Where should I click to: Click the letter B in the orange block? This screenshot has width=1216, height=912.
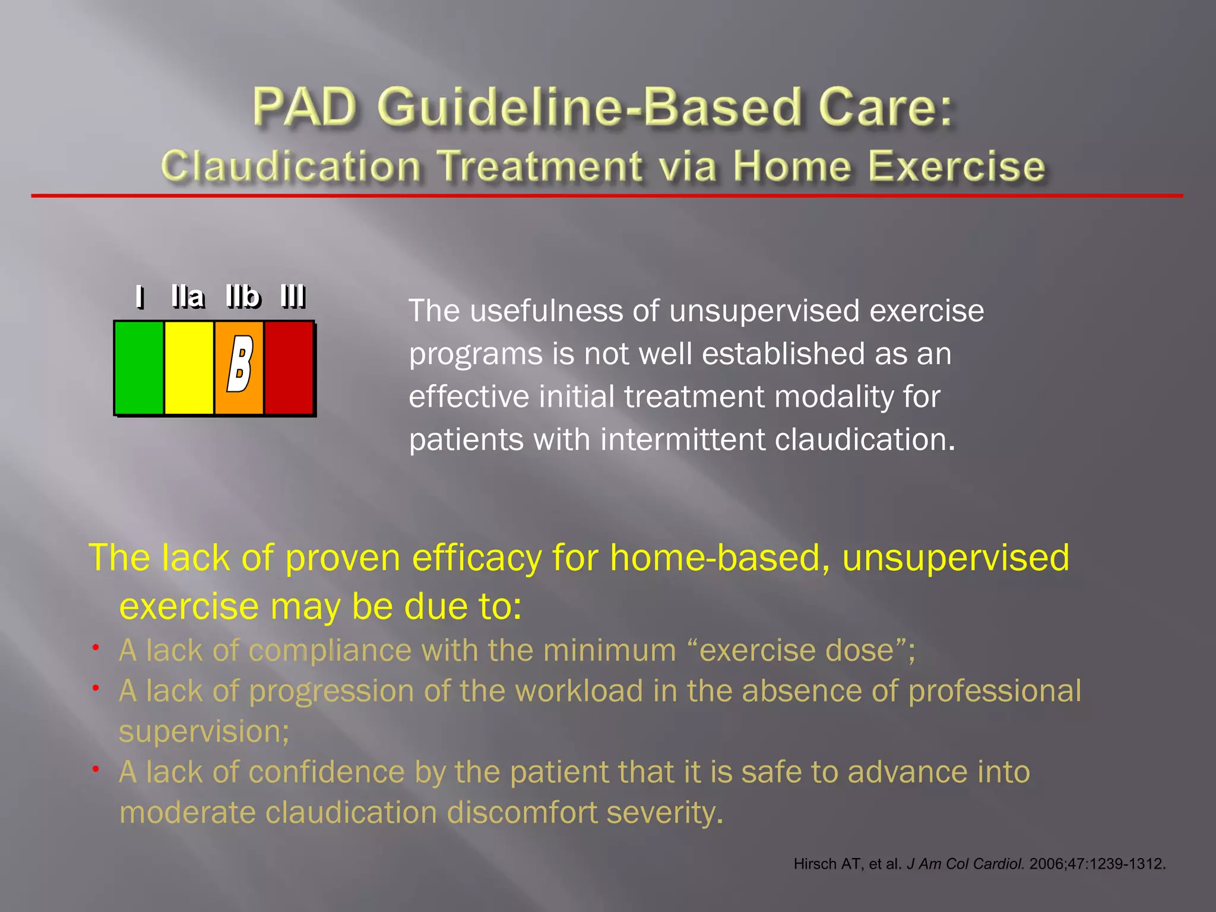(x=240, y=363)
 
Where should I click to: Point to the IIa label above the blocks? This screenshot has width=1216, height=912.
(x=188, y=296)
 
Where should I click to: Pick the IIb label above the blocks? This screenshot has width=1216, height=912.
(x=243, y=296)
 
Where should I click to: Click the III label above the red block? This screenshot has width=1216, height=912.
(x=293, y=296)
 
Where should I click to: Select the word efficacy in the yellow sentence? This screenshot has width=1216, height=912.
(x=477, y=558)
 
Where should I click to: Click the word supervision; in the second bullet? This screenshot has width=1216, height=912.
(x=204, y=731)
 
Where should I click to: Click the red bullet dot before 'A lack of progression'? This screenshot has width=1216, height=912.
(x=95, y=688)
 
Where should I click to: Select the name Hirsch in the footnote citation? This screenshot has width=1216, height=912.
(x=815, y=864)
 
